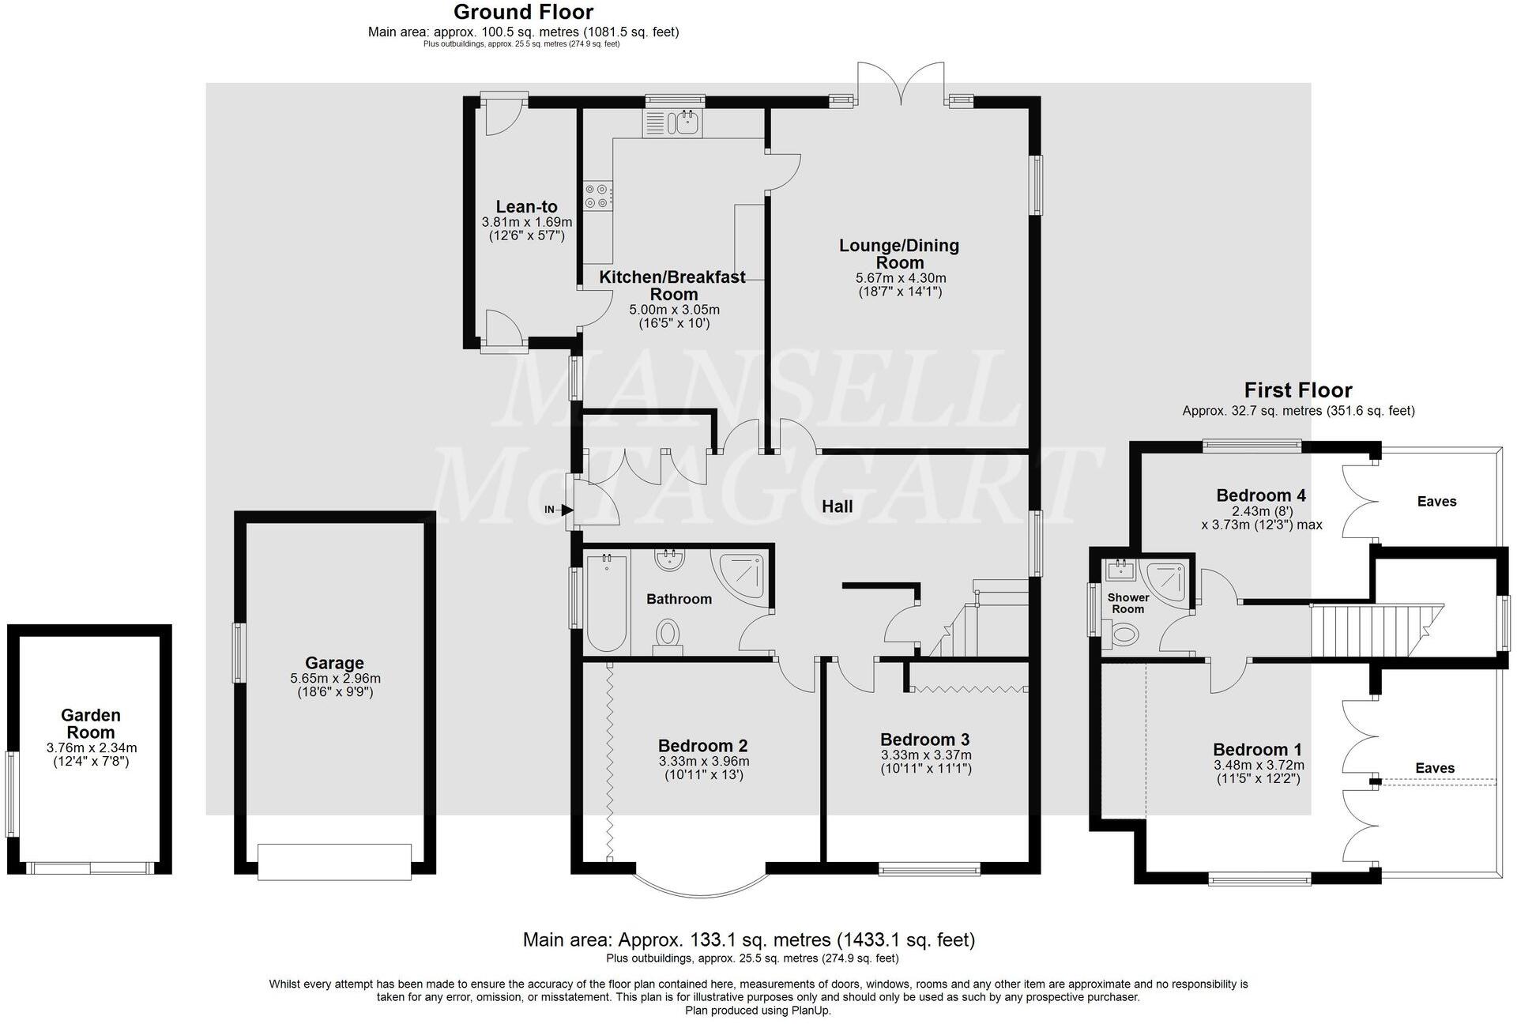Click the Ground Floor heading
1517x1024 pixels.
tap(523, 13)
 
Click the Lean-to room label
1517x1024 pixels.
tap(526, 208)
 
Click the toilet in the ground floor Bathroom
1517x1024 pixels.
tap(668, 634)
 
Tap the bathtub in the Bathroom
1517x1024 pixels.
tap(606, 603)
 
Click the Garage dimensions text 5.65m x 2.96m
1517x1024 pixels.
tap(335, 679)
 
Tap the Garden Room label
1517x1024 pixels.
tap(91, 724)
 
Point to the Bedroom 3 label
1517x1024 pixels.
tap(924, 740)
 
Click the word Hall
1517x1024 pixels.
tap(837, 506)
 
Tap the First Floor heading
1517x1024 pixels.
tap(1297, 390)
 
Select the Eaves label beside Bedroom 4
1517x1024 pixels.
tap(1436, 502)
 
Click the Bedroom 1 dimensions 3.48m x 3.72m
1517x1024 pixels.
tap(1258, 766)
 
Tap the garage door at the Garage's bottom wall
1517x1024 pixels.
tap(334, 861)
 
